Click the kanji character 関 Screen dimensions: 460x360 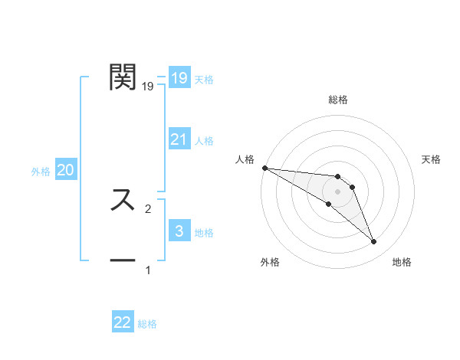pyautogui.click(x=123, y=77)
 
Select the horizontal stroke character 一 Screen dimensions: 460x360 pyautogui.click(x=123, y=260)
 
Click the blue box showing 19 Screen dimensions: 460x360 pyautogui.click(x=179, y=78)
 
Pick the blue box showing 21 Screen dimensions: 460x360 pyautogui.click(x=179, y=139)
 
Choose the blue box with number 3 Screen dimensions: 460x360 pyautogui.click(x=179, y=231)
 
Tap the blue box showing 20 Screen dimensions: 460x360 pyautogui.click(x=65, y=170)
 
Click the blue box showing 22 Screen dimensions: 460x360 pyautogui.click(x=123, y=322)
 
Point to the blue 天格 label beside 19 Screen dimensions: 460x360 pyautogui.click(x=204, y=79)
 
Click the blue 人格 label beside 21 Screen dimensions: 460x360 pyautogui.click(x=204, y=140)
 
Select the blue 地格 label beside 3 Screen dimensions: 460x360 pyautogui.click(x=204, y=232)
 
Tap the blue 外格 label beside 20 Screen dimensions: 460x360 pyautogui.click(x=41, y=172)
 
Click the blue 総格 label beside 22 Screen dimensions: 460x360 pyautogui.click(x=147, y=324)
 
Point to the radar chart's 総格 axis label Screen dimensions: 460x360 pyautogui.click(x=338, y=100)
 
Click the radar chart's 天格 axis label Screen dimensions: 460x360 pyautogui.click(x=432, y=159)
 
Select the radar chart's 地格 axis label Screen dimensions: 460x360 pyautogui.click(x=402, y=262)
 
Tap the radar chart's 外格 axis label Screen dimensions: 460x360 pyautogui.click(x=270, y=262)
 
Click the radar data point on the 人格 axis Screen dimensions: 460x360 pyautogui.click(x=264, y=168)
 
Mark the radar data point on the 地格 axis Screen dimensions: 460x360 pyautogui.click(x=374, y=242)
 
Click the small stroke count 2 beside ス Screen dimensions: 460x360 pyautogui.click(x=148, y=208)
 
